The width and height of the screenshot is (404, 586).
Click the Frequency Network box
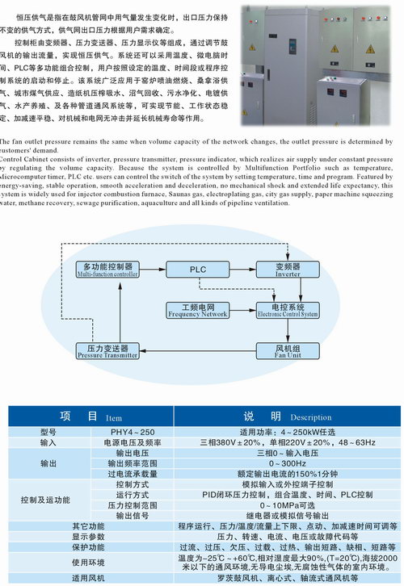198,310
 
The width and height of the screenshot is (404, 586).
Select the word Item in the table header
114,418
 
